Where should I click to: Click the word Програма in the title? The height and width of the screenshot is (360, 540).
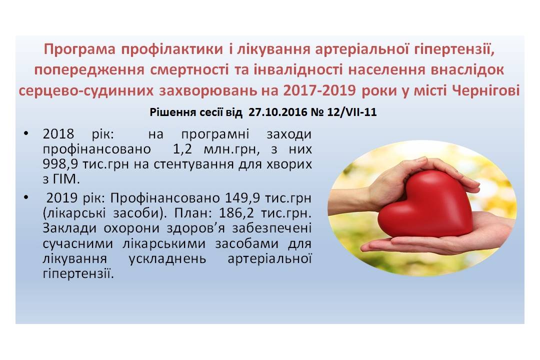[x=79, y=49]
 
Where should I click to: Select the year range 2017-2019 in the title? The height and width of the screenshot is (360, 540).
[x=319, y=90]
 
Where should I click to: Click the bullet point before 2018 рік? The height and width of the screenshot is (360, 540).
[x=26, y=133]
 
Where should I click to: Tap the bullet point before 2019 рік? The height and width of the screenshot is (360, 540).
[x=26, y=197]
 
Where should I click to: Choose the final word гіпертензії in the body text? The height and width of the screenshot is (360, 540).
[x=78, y=273]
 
